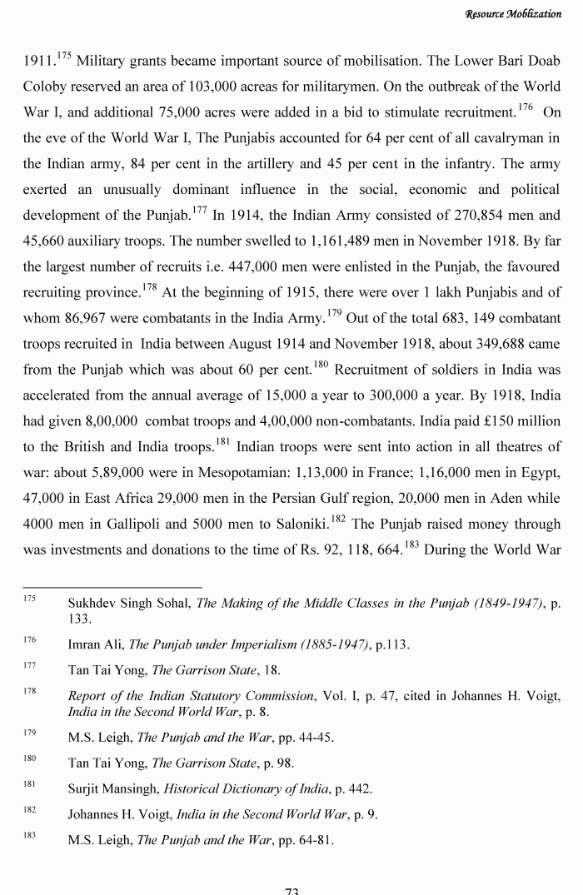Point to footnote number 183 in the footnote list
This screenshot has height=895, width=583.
(x=29, y=838)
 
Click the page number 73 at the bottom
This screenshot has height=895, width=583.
(x=291, y=889)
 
